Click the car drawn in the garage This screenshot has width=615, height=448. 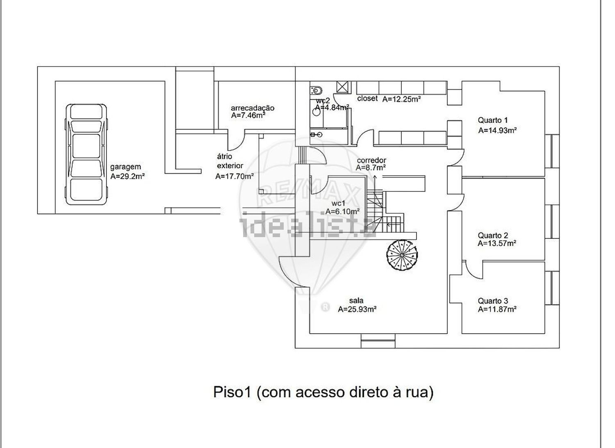click(x=86, y=154)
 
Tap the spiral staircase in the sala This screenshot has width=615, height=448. click(x=402, y=255)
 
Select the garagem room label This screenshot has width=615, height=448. click(x=125, y=167)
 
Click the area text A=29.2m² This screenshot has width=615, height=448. click(x=128, y=176)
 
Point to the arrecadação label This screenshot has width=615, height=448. click(x=252, y=108)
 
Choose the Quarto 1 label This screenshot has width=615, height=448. click(x=493, y=120)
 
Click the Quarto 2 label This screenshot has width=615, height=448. click(x=493, y=235)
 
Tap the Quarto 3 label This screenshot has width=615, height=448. click(x=493, y=301)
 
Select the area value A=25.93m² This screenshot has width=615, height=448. click(x=357, y=309)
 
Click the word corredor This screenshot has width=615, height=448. click(x=371, y=160)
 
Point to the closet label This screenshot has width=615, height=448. click(x=367, y=98)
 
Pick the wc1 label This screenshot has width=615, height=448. click(x=338, y=203)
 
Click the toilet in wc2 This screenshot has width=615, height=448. click(x=317, y=90)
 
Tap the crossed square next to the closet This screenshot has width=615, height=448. click(x=342, y=87)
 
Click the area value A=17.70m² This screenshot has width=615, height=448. click(x=235, y=176)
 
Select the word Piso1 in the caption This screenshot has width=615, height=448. click(x=232, y=392)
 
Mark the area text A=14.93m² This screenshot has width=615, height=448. click(x=497, y=130)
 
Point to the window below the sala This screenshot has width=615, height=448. click(x=378, y=341)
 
